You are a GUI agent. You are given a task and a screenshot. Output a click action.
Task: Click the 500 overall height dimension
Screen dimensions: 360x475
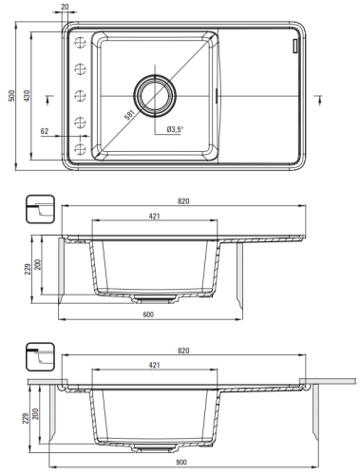point(11,96)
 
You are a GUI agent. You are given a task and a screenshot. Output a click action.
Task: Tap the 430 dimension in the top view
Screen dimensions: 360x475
point(27,96)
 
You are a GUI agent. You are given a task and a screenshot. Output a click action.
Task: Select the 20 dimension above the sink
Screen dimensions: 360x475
point(65,7)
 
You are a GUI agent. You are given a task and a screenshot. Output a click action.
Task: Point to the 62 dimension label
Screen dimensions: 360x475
point(45,131)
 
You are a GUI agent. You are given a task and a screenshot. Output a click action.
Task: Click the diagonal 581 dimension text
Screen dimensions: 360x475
point(130,115)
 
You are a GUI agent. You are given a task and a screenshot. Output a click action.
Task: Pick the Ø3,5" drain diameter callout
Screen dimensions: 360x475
point(175,129)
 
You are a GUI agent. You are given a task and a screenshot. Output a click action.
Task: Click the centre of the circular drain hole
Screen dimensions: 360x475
point(155,95)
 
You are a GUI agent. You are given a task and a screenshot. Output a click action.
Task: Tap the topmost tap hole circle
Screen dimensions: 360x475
point(80,42)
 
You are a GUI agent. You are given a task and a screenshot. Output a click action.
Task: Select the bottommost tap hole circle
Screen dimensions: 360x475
point(80,148)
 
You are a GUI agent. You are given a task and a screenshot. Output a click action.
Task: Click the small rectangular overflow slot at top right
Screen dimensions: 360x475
point(295,46)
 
